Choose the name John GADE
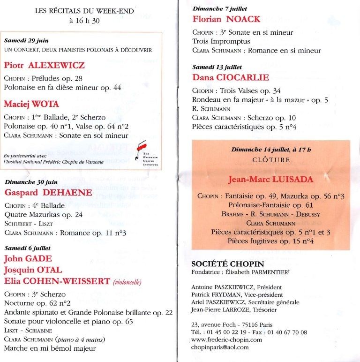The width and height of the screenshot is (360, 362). (28, 259)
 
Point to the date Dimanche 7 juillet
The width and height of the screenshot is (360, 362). (220, 8)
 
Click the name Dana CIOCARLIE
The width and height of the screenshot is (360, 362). (230, 77)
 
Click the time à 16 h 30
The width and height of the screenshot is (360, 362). (85, 20)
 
